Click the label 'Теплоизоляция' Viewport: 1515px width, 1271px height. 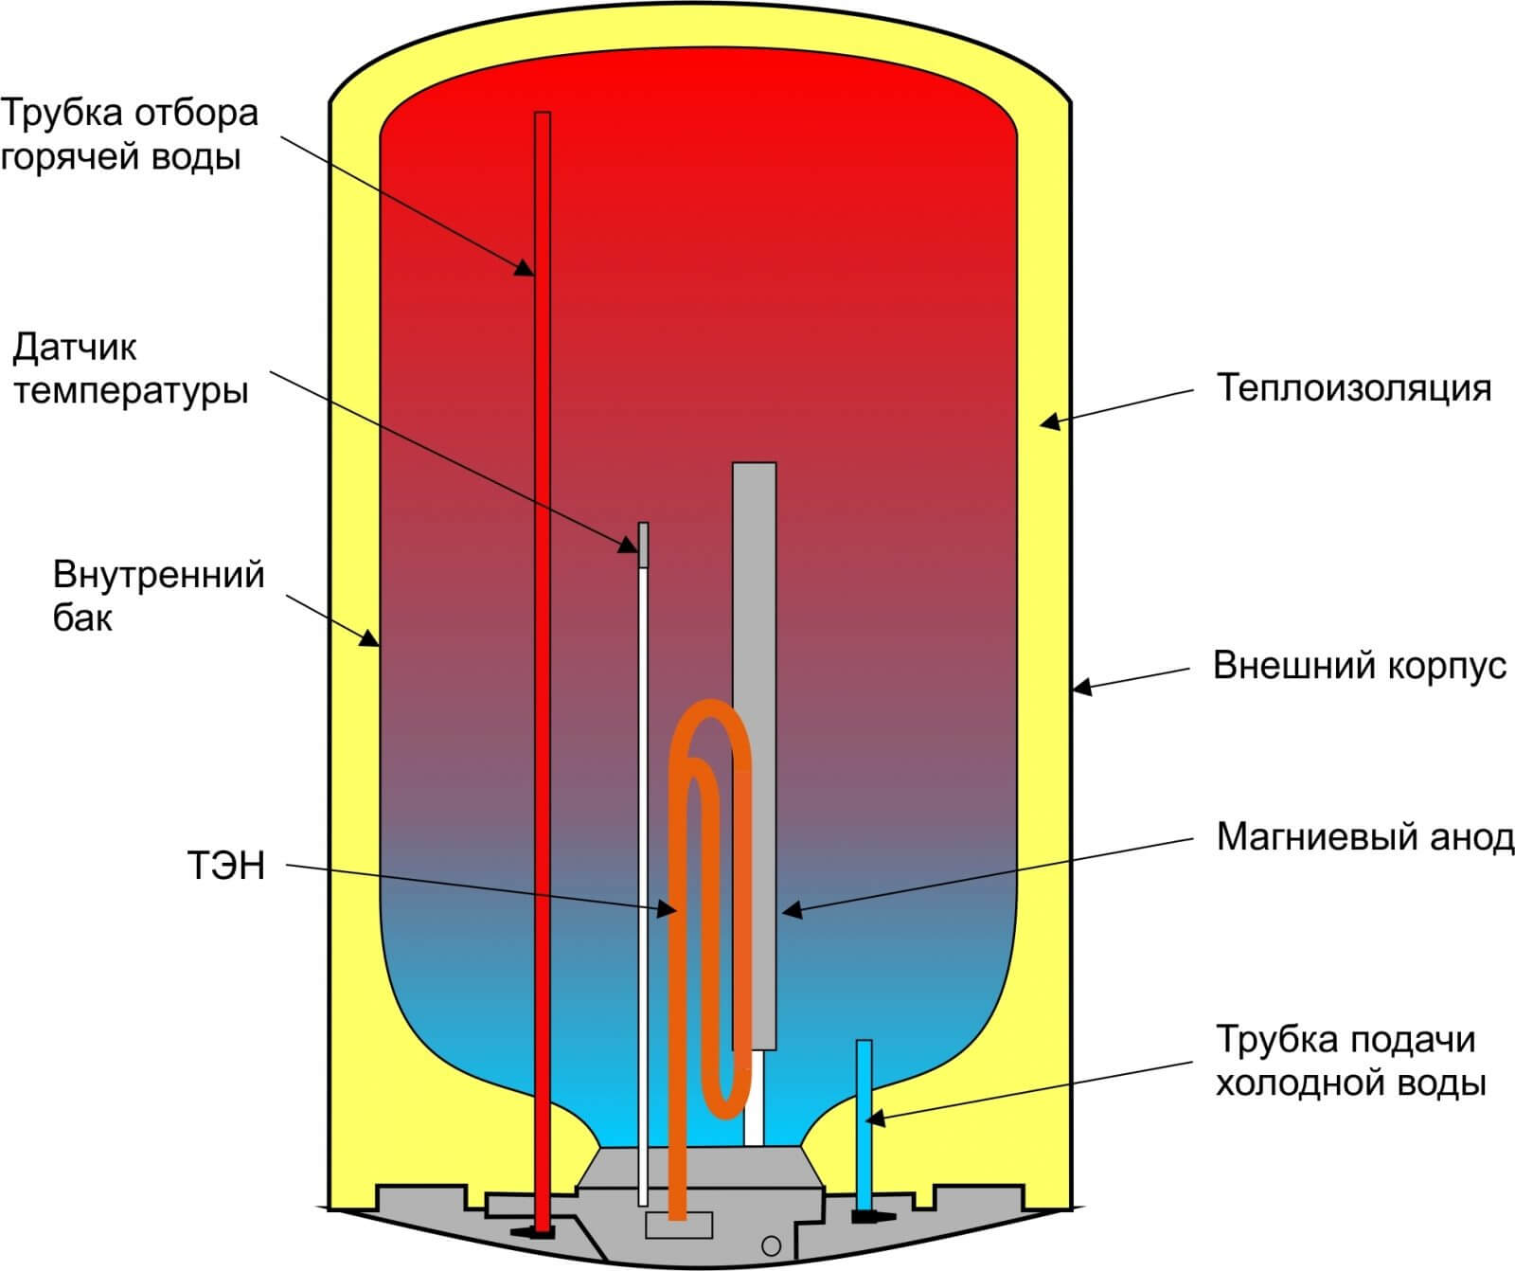point(1353,388)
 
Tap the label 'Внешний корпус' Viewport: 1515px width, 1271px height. point(1359,666)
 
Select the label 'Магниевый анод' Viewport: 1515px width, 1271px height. point(1364,837)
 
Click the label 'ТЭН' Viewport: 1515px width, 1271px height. point(226,867)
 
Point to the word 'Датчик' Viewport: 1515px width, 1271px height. point(75,348)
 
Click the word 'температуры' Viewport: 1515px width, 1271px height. point(131,391)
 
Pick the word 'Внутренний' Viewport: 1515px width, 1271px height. point(158,576)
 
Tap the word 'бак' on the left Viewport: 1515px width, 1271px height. point(82,619)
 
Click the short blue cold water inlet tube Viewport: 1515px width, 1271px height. point(864,1118)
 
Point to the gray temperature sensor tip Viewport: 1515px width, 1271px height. point(644,544)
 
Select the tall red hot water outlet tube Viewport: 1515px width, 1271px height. point(543,568)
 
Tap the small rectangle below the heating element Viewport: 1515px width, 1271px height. point(679,1225)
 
